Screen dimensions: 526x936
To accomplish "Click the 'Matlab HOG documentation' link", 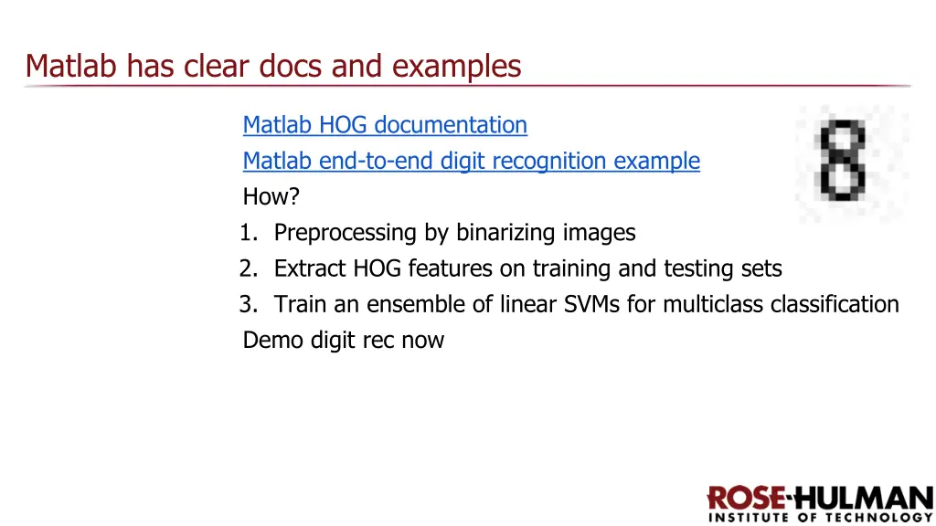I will (385, 124).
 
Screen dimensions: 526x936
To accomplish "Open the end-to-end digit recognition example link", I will (471, 161).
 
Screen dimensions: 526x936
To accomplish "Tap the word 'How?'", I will (271, 196).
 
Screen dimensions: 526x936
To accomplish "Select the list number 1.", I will (246, 233).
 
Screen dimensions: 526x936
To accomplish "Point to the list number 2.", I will (247, 268).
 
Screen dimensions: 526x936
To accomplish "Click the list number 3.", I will (247, 304).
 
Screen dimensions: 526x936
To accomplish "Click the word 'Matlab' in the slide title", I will (73, 66).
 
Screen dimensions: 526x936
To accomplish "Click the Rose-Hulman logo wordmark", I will (820, 499).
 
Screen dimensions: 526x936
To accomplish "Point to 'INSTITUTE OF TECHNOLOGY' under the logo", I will (820, 518).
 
